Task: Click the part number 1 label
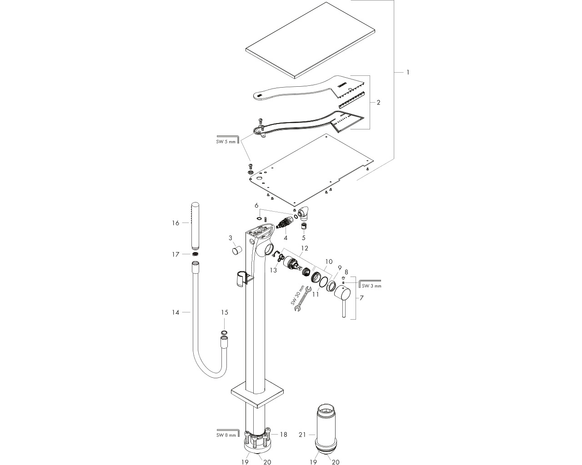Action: [408, 72]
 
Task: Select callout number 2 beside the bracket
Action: [378, 103]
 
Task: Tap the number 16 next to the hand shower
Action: [176, 223]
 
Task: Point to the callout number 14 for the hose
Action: [176, 312]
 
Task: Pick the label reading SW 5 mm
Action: [226, 142]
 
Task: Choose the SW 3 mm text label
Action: [371, 286]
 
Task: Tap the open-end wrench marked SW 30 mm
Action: [301, 300]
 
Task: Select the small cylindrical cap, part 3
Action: [237, 250]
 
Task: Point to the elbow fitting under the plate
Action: [304, 217]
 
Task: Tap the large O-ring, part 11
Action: [324, 283]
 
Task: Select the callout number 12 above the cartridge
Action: [305, 248]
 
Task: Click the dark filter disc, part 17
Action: [195, 254]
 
